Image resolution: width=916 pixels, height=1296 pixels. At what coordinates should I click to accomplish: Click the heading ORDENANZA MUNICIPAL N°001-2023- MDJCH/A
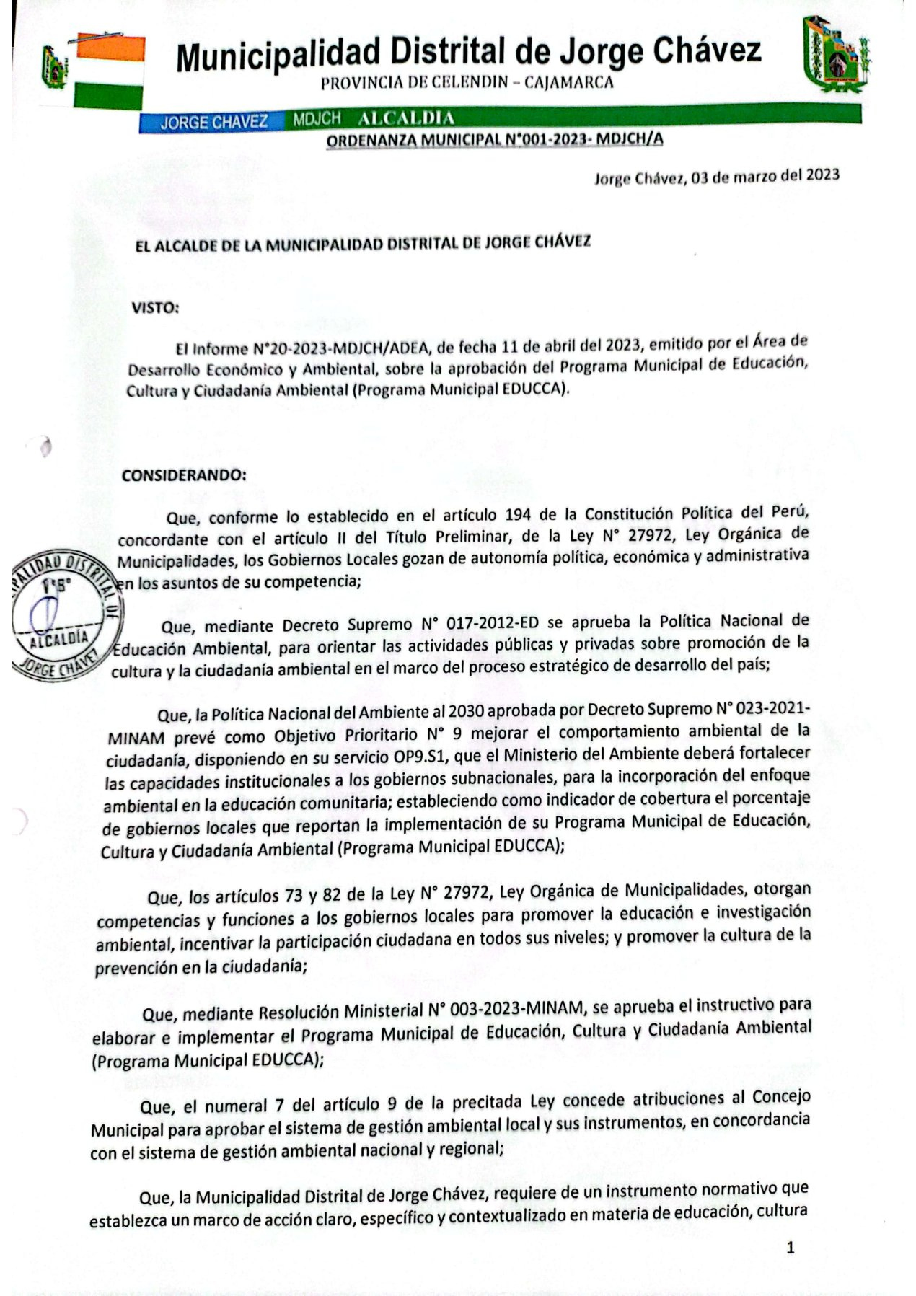click(494, 140)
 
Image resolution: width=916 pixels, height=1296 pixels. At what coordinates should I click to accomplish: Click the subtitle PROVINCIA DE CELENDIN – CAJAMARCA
click(466, 83)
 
